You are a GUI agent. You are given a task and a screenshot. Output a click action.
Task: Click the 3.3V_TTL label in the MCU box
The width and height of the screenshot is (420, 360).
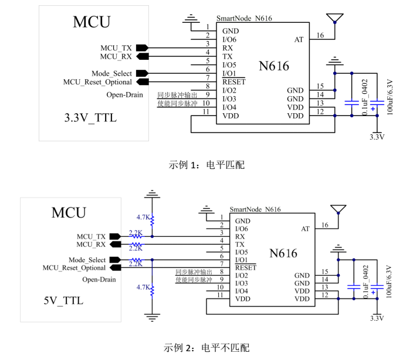(90, 118)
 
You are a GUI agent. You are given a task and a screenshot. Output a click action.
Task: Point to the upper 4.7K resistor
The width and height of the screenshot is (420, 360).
(152, 222)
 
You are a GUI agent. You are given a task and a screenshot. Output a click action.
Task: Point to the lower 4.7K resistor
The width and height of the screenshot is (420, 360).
(152, 289)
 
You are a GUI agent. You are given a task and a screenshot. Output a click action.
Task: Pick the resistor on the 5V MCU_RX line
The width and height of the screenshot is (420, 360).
(136, 244)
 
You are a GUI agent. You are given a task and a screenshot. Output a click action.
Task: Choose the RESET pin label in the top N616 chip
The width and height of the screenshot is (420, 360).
(233, 82)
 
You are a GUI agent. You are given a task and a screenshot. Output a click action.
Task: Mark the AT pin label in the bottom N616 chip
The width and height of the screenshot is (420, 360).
(305, 229)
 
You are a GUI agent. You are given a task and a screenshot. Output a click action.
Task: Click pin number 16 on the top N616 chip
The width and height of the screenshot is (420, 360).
(320, 36)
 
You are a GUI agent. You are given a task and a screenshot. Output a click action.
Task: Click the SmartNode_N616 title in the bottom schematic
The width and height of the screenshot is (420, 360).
(255, 209)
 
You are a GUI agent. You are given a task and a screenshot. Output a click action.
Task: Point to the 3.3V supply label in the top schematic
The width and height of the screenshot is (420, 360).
(377, 137)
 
